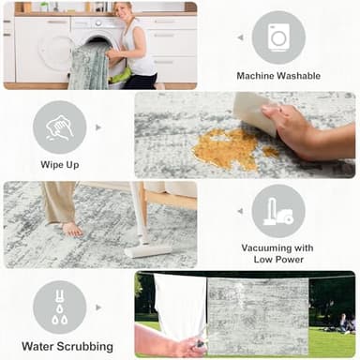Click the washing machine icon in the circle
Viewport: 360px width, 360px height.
coord(278,37)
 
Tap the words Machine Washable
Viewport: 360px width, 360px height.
coord(278,76)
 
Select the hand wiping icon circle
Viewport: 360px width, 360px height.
coord(60,127)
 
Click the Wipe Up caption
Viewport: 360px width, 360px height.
coord(60,166)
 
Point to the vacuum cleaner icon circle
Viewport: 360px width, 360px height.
coord(278,211)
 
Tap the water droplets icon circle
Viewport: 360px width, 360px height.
coord(60,307)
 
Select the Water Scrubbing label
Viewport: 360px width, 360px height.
coord(61,346)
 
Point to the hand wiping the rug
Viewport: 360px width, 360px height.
coord(300,127)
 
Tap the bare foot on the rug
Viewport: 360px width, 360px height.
coord(71,228)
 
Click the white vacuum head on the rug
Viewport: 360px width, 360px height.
coord(145,250)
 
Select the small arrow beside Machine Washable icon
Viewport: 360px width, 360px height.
coord(240,38)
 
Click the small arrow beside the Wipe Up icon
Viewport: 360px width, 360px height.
coord(98,127)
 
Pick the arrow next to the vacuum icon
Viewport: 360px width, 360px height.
coord(240,211)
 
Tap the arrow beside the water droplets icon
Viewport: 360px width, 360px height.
coord(98,307)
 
